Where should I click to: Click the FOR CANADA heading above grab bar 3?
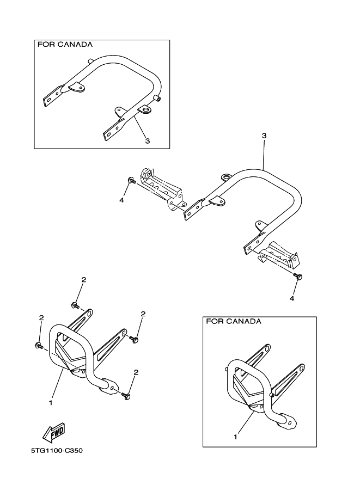point(64,44)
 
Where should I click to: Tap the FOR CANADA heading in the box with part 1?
point(233,321)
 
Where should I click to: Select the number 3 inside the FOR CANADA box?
point(147,140)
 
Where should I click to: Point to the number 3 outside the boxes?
point(264,134)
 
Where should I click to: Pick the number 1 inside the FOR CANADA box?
point(236,437)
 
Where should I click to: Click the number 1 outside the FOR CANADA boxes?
point(51,403)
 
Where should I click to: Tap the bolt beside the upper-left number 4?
point(131,180)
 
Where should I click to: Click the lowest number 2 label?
point(136,372)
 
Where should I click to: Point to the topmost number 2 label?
point(83,280)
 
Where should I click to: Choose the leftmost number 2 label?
point(41,318)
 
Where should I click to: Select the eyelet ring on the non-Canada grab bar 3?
point(225,177)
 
